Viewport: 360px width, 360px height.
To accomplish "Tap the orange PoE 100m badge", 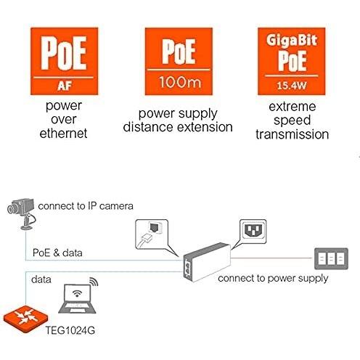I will point(179,62).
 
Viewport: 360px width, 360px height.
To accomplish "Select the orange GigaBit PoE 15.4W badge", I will point(292,62).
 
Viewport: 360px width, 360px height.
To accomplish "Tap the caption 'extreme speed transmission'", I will point(292,122).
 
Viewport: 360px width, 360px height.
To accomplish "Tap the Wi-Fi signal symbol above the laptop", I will point(93,284).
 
